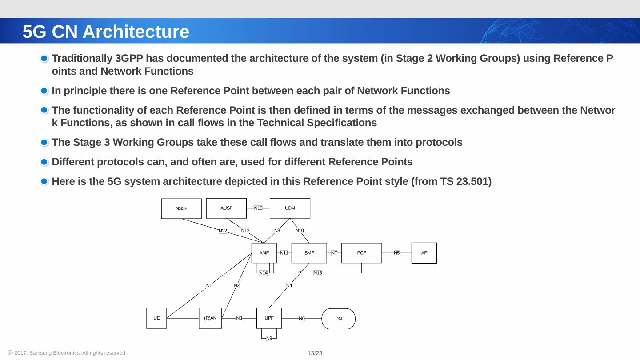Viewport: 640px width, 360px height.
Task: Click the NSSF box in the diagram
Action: tap(181, 208)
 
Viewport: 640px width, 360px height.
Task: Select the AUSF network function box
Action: tap(226, 208)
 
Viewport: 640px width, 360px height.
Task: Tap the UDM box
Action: tap(290, 208)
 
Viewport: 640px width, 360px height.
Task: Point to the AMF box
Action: tap(264, 253)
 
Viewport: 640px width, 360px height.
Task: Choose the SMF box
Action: tap(309, 253)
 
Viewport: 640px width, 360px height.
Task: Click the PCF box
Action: tap(361, 253)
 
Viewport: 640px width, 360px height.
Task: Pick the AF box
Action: tap(424, 253)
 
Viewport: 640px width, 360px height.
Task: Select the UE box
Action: tap(156, 318)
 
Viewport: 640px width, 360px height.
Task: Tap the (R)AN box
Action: tap(210, 318)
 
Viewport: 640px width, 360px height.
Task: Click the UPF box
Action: tap(269, 318)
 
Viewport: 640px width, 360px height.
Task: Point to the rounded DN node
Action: tap(338, 319)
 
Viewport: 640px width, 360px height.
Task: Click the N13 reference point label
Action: tap(258, 208)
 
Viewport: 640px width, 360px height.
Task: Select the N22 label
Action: tap(223, 231)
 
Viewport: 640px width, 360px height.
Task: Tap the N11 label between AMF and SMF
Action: tap(284, 253)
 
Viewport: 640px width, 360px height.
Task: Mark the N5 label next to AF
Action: tap(396, 253)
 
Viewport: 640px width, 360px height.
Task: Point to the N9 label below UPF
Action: tap(269, 339)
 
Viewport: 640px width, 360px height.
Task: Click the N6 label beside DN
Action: tap(301, 319)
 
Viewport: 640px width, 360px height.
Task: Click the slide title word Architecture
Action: tap(136, 32)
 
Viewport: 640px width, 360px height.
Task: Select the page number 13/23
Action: tap(315, 353)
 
